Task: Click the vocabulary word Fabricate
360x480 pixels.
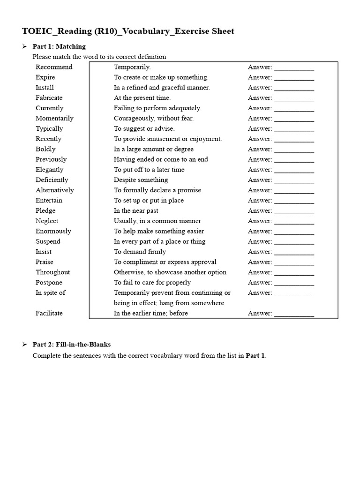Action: (49, 98)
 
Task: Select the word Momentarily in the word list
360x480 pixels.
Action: (54, 119)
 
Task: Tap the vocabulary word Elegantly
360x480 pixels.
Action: (49, 170)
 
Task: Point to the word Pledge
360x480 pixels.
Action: (45, 211)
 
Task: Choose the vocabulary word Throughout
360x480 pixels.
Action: (52, 272)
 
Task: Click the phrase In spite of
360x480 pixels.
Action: (50, 293)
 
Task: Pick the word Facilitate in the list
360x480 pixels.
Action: (49, 313)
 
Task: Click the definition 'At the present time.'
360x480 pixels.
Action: (142, 98)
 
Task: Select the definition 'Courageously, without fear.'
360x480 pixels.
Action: (153, 119)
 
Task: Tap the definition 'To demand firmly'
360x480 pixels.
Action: (140, 252)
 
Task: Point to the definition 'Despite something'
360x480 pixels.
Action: (141, 180)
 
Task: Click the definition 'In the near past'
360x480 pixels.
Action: (136, 211)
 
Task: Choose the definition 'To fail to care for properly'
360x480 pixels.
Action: (152, 283)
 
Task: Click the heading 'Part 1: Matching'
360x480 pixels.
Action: (59, 46)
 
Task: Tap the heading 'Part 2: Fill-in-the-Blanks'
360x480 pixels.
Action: (71, 345)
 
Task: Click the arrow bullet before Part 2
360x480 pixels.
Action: (24, 345)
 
